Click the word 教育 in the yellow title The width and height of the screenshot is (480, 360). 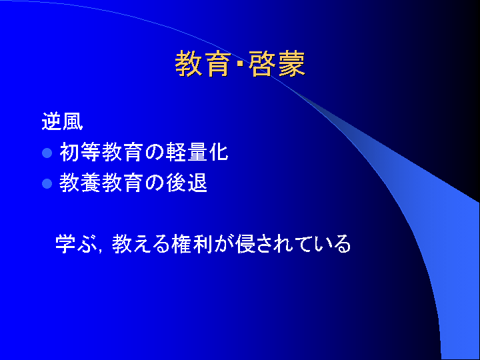(x=203, y=64)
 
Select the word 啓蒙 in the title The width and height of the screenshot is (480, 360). (x=277, y=64)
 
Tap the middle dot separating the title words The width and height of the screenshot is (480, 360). (x=240, y=64)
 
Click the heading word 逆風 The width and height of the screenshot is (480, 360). (x=62, y=121)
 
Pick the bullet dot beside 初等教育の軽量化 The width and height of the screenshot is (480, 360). (x=47, y=153)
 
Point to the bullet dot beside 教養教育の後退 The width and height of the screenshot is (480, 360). (x=47, y=183)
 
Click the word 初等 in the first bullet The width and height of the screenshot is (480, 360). (x=80, y=152)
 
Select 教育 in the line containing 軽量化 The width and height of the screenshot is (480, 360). (x=122, y=152)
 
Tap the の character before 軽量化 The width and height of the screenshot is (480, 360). (x=154, y=153)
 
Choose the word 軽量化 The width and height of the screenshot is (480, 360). (x=197, y=152)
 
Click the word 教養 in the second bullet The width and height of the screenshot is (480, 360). (x=80, y=183)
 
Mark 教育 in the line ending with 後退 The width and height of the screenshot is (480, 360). (x=122, y=183)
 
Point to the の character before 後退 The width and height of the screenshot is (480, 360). (x=154, y=183)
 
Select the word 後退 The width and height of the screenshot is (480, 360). (x=187, y=183)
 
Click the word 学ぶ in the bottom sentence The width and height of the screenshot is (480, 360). (x=75, y=244)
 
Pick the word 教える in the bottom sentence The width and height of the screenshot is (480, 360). (x=141, y=244)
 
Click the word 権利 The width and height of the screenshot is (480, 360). (x=192, y=244)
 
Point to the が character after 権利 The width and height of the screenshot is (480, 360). (x=224, y=244)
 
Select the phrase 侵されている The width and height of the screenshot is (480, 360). (x=293, y=244)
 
